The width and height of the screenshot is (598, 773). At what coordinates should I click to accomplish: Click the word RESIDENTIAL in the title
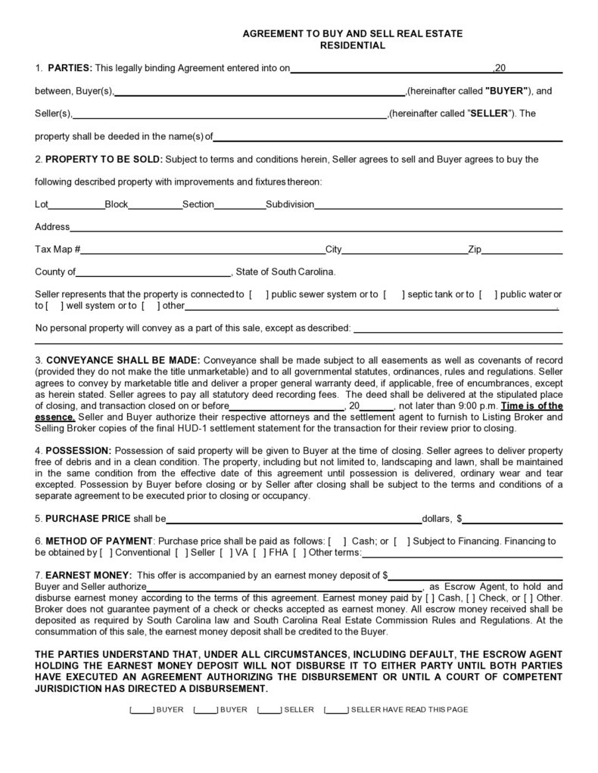click(x=352, y=45)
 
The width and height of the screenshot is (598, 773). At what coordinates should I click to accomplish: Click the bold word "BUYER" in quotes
click(x=508, y=92)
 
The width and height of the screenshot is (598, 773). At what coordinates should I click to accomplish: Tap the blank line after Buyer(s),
click(x=260, y=93)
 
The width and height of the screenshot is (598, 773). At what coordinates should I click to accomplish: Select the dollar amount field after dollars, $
click(x=513, y=520)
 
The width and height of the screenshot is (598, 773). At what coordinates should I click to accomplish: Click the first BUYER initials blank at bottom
click(x=142, y=710)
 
